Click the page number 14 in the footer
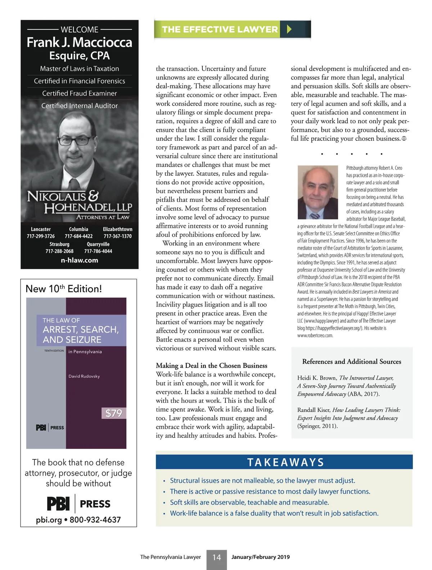tap(216, 557)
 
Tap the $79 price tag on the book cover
tap(114, 413)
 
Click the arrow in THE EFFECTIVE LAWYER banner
tap(289, 29)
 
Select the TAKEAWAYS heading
tap(285, 462)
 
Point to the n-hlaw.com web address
tap(79, 260)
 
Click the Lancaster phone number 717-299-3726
tap(41, 236)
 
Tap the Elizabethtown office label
tap(117, 229)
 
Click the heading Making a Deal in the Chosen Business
tap(211, 365)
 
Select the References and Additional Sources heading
tap(351, 361)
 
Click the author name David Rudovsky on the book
tap(84, 376)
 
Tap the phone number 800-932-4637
tap(95, 520)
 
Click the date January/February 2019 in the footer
tap(260, 557)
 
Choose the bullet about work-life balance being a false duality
tap(274, 513)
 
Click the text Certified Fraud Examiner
tap(80, 93)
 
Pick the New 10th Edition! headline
tap(64, 289)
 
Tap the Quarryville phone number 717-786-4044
tap(98, 251)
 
